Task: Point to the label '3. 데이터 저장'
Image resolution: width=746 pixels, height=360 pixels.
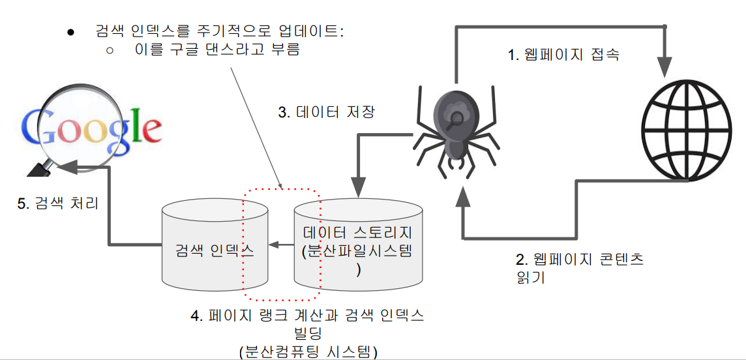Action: pos(326,112)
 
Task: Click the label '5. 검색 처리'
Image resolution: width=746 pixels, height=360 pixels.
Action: pos(57,203)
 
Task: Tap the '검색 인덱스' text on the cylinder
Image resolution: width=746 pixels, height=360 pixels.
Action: pos(215,249)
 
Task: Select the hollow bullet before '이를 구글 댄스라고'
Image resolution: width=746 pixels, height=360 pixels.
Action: pos(110,49)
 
